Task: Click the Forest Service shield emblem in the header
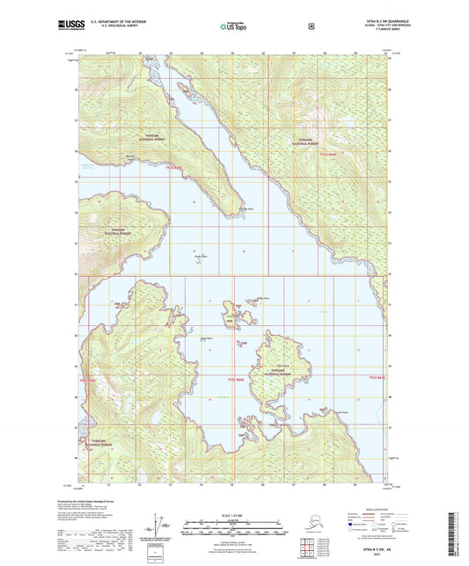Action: click(310, 27)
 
